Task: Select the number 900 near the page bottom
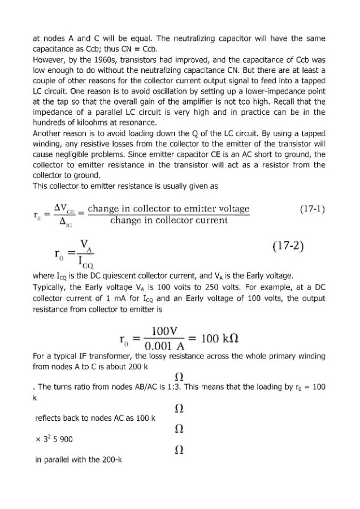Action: pyautogui.click(x=64, y=439)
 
